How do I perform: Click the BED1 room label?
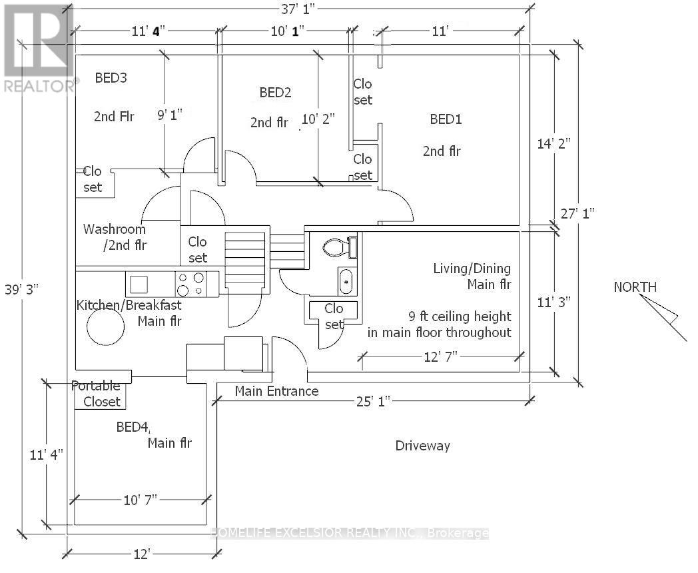point(446,119)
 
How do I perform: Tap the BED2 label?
point(275,92)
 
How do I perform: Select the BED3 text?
point(111,77)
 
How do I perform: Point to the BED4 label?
point(133,427)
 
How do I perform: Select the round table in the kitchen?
point(105,327)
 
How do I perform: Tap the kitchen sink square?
point(139,284)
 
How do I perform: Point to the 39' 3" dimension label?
point(22,289)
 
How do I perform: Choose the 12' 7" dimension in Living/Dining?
point(441,356)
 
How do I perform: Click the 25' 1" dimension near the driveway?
point(373,402)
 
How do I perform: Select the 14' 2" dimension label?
point(553,144)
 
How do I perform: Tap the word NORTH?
point(635,287)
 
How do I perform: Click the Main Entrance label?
point(276,391)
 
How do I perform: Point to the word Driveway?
point(422,445)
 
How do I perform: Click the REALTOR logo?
point(39,48)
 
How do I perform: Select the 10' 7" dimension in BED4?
point(141,500)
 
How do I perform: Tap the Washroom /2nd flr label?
point(115,237)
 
